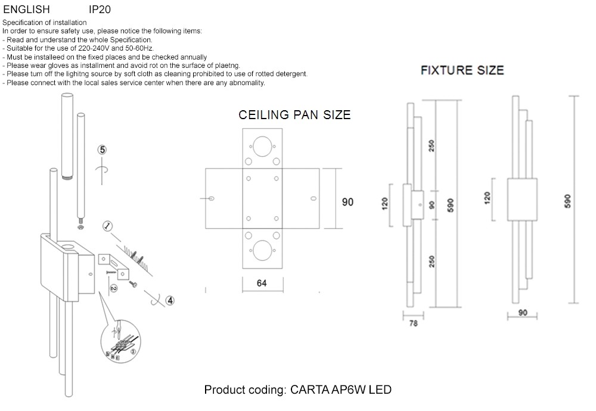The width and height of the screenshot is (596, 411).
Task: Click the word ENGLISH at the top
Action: pos(26,10)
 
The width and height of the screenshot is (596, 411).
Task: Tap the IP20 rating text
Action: pos(100,10)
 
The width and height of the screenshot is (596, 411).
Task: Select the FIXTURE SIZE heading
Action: pos(462,70)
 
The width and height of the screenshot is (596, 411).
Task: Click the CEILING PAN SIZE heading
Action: pos(294,115)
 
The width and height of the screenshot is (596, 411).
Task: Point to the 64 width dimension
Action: pos(262,284)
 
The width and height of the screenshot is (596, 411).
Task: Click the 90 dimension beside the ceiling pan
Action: pos(347,202)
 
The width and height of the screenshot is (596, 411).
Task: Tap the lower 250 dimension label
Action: pos(432,261)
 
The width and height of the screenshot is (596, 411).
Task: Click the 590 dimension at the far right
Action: pos(567,201)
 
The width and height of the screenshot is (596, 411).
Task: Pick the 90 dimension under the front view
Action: pos(523,313)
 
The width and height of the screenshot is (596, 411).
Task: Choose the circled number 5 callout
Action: pos(103,150)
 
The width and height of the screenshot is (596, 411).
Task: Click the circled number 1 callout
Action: pos(108,226)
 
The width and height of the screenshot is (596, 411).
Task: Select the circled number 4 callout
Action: pos(170,301)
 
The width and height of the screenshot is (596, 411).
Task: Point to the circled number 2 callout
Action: pos(114,288)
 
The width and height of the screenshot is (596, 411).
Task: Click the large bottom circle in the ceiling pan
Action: pos(262,250)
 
